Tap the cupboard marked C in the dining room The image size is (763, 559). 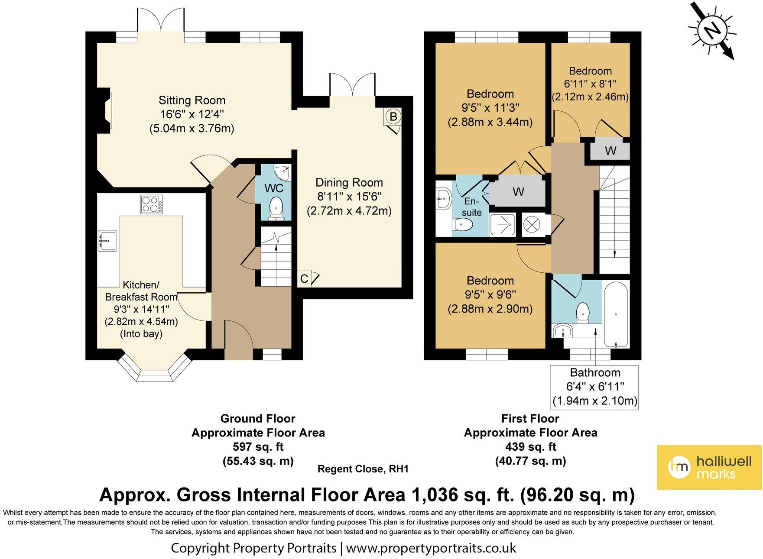click(x=305, y=279)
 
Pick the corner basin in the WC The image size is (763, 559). click(x=284, y=171)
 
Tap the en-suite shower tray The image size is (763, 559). click(x=503, y=225)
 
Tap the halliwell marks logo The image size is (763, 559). click(x=709, y=467)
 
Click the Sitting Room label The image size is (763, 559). click(x=192, y=100)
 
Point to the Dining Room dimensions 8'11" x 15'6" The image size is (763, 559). click(x=349, y=197)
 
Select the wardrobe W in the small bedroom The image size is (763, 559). click(x=610, y=151)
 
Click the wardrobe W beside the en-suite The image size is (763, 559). click(x=519, y=191)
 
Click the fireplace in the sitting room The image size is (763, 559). click(x=104, y=110)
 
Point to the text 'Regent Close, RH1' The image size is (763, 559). click(x=363, y=469)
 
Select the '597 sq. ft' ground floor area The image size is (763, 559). click(x=258, y=446)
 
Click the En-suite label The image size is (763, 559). click(x=471, y=207)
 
